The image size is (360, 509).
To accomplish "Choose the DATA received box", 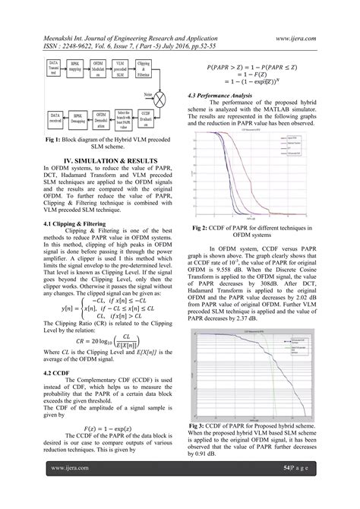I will [x=53, y=119].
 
